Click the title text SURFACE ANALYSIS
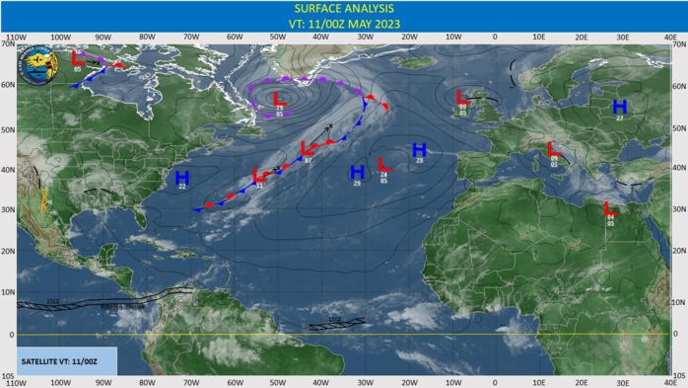coord(343,9)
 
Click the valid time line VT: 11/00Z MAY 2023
coord(343,25)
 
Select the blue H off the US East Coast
coord(181,177)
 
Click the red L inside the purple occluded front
coord(279,100)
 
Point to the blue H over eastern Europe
coord(619,107)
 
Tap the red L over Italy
coord(553,149)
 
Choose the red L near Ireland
coord(462,97)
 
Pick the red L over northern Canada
coord(79,59)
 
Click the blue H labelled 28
coord(418,150)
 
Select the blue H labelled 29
coord(357,172)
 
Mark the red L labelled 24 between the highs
coord(382,165)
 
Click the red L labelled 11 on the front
coord(259,176)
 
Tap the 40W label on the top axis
coord(321,38)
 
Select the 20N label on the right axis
coord(677,252)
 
